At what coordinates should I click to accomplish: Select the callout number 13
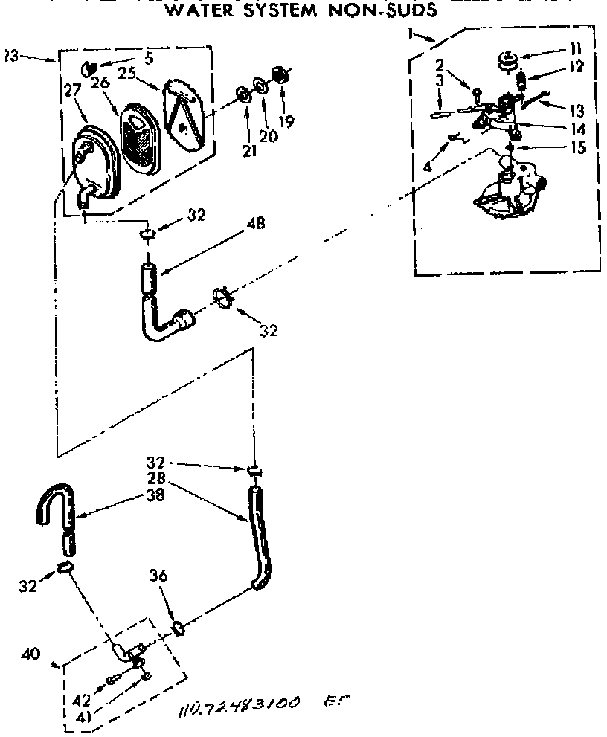click(x=577, y=110)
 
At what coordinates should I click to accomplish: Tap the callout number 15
click(x=577, y=148)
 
